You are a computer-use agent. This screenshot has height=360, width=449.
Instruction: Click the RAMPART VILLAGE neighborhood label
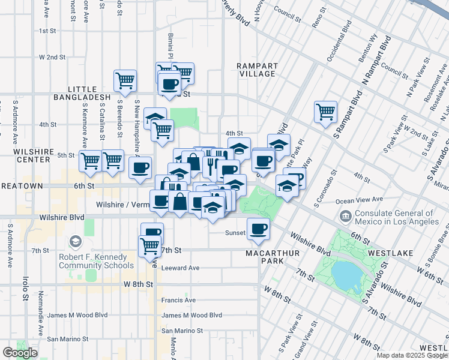point(256,70)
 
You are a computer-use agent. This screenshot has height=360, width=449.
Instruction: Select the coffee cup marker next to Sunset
point(258,229)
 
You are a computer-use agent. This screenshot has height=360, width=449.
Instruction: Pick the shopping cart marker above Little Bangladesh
point(125,80)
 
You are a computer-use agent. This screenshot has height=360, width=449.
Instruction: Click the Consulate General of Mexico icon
point(346,215)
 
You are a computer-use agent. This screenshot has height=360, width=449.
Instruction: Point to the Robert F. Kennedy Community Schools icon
point(75,242)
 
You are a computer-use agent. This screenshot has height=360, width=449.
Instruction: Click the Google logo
point(20,353)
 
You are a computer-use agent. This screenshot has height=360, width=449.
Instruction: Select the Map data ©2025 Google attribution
point(412,355)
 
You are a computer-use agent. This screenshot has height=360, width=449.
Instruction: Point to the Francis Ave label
point(178,300)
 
